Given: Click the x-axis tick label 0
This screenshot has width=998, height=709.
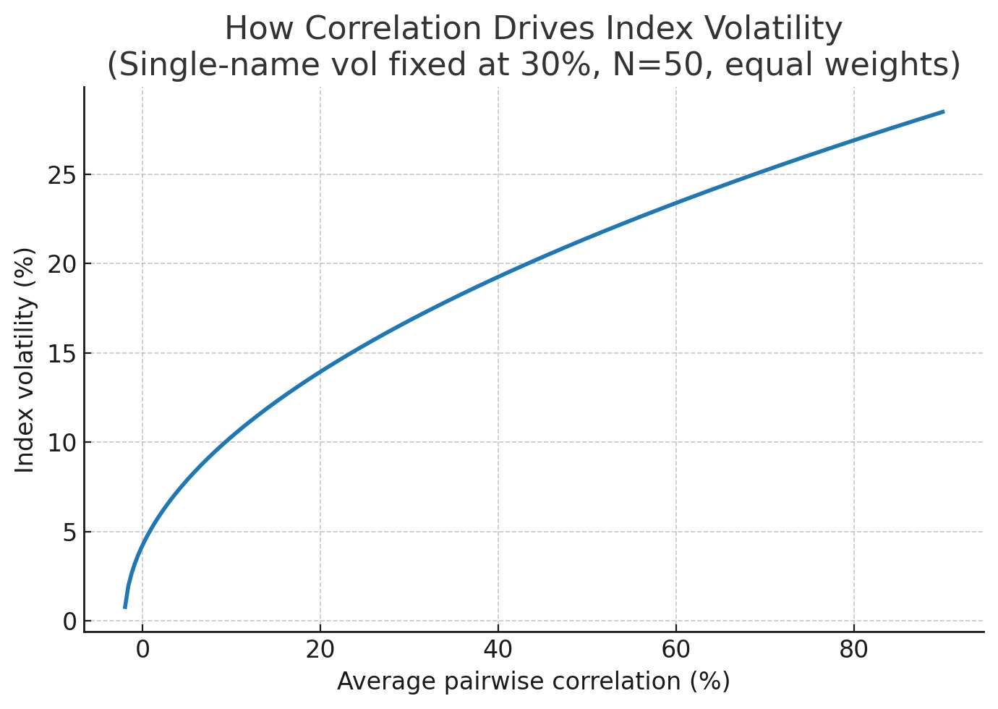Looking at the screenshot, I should pos(142,650).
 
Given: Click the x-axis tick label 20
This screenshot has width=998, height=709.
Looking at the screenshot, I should pos(320,650).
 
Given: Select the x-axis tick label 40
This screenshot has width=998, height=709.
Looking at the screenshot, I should pos(498,650).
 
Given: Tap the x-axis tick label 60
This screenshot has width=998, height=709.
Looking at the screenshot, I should pos(675,650).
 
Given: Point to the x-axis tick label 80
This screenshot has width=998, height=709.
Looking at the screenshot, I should pos(853,650).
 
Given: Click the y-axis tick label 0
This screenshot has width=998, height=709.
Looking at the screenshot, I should pos(69,621).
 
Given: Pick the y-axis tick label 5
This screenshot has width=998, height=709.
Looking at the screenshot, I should pos(69,532).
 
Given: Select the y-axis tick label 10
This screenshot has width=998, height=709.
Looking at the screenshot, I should pos(62,443).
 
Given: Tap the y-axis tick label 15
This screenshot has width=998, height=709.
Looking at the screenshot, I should pos(62,354).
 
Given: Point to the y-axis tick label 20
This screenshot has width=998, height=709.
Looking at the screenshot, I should pos(62,264).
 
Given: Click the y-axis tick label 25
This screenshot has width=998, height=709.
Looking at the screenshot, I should pos(62,175).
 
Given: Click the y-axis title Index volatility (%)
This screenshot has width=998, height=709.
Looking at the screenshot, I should pos(25,360).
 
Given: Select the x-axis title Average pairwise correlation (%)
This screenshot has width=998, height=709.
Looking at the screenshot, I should pos(534,682).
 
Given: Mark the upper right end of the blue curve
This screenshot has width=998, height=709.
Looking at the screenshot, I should pos(943,111).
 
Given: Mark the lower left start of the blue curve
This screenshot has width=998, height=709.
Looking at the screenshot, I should pos(124,607).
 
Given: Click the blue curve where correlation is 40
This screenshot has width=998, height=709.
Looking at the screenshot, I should pos(498,276).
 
